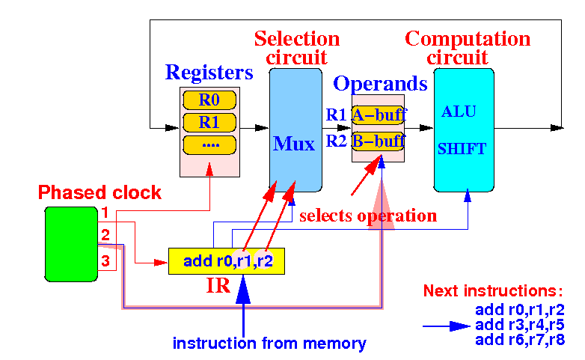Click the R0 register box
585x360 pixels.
209,100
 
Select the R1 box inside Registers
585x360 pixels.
209,123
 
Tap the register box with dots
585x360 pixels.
209,145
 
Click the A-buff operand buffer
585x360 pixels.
378,115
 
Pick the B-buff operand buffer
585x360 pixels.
378,141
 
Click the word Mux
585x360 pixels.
294,144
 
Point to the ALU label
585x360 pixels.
459,112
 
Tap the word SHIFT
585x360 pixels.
462,149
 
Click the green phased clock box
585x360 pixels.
71,244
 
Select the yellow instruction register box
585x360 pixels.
227,261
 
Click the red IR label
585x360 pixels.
218,285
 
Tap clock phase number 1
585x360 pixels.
105,213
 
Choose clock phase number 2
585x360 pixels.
105,235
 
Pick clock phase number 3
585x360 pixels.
105,260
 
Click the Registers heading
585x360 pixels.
209,72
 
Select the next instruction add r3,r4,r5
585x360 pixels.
520,325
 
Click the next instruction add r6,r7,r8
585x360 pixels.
520,340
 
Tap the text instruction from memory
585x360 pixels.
269,344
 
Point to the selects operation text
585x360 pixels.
368,216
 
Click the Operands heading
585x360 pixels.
380,83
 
